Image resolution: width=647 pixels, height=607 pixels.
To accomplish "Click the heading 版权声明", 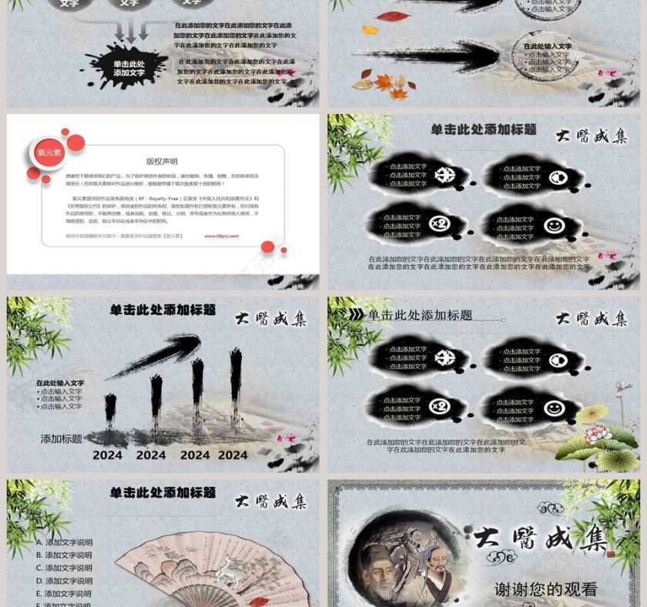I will coord(162,162).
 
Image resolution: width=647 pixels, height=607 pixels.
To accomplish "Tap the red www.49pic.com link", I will coord(220,236).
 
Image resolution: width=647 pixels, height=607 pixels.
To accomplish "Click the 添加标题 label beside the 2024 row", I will coord(62,439).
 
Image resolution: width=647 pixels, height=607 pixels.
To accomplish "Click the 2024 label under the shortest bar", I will coord(108,455).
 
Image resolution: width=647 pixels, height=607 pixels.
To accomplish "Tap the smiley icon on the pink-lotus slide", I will coord(553,407).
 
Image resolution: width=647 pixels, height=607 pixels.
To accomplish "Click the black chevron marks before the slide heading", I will coord(356,315).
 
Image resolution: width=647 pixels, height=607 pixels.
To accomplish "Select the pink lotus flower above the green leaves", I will coord(598,435).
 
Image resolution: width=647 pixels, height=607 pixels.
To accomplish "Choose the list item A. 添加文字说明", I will coord(64,542).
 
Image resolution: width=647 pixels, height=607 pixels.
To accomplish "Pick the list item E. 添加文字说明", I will coord(64,594).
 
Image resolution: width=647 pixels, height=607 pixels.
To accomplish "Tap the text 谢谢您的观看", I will coord(545,590).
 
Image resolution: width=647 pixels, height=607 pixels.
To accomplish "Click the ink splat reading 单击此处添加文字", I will coord(128,69).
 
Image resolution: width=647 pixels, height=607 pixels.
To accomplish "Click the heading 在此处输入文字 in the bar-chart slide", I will coord(60,383).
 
